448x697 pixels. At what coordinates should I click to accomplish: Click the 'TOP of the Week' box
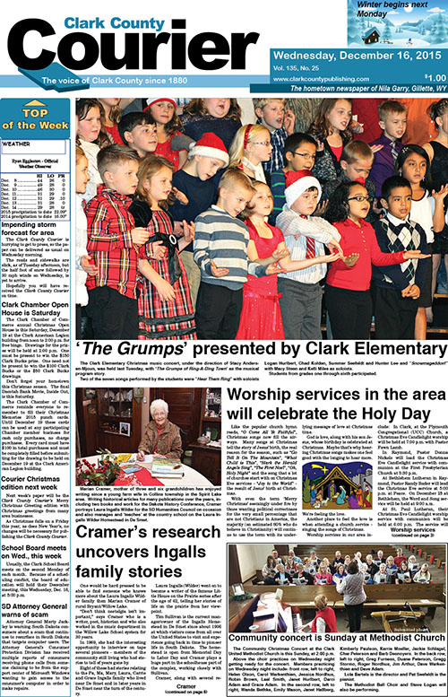click(x=36, y=118)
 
